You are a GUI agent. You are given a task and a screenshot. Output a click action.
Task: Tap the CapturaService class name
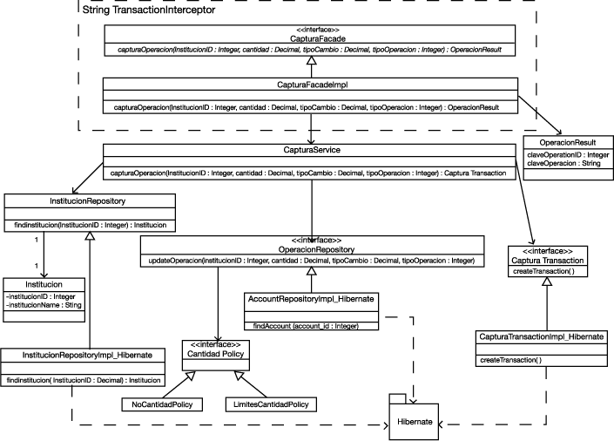click(x=311, y=151)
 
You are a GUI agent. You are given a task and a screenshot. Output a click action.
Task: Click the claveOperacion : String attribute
click(x=559, y=163)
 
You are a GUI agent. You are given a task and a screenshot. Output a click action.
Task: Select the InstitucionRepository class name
click(x=90, y=202)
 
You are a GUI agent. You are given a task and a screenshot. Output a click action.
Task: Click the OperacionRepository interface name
click(x=311, y=249)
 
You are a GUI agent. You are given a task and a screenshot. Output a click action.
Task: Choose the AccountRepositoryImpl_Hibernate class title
click(x=312, y=298)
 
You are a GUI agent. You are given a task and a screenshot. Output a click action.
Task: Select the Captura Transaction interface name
click(x=548, y=260)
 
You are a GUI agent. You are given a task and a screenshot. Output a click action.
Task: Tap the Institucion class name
click(x=43, y=284)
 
